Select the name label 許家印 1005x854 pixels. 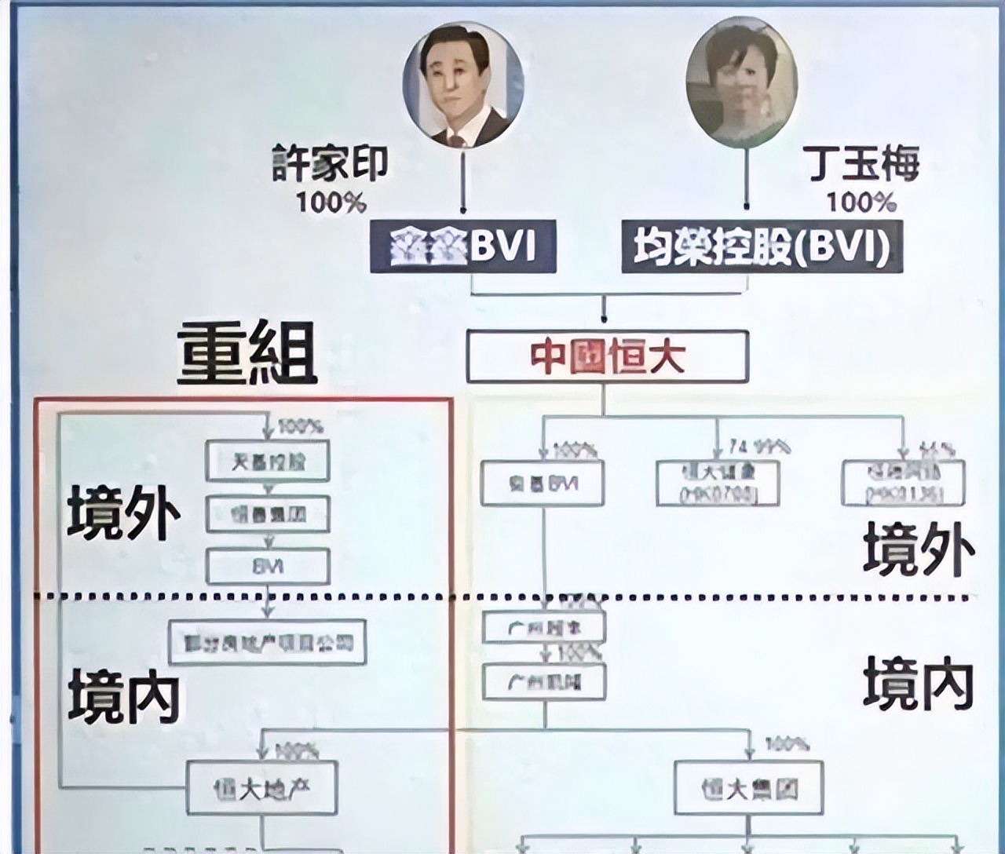coord(330,163)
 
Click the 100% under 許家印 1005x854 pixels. coord(331,203)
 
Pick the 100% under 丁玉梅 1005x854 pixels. coord(861,203)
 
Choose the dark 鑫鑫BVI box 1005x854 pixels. coord(463,246)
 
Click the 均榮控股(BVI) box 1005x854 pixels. coord(762,246)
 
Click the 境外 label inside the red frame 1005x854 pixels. coord(123,513)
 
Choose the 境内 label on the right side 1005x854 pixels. coord(919,683)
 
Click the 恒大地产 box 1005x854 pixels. coord(262,787)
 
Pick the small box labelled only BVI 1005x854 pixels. coord(268,567)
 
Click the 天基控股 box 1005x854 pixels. coord(268,461)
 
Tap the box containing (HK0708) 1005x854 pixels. coord(718,483)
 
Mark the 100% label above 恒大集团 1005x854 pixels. coord(787,743)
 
